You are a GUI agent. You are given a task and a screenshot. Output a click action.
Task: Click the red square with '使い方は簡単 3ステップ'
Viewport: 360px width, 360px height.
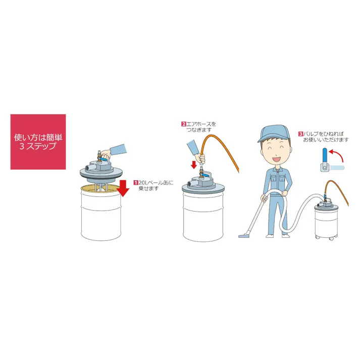(x=38, y=142)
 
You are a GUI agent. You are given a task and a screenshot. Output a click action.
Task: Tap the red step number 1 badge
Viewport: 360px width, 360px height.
(x=136, y=183)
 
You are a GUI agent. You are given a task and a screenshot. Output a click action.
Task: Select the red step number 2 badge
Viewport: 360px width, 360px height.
(x=183, y=124)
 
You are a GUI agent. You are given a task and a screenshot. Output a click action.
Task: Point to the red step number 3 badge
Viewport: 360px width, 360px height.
(x=300, y=134)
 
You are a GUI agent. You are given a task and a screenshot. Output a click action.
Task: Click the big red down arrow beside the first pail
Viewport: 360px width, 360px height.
(x=123, y=188)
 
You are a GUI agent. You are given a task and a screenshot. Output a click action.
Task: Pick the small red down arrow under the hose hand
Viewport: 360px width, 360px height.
(x=194, y=165)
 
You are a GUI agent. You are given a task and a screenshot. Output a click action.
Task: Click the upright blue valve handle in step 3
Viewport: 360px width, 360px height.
(x=325, y=156)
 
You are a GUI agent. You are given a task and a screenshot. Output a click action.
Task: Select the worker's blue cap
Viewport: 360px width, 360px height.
(x=274, y=133)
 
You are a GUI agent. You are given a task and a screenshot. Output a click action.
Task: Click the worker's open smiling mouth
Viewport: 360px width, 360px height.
(x=276, y=159)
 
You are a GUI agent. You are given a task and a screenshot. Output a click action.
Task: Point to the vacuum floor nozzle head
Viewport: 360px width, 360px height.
(x=244, y=235)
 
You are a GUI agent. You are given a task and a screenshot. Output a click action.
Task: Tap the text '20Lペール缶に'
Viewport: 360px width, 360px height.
(x=156, y=183)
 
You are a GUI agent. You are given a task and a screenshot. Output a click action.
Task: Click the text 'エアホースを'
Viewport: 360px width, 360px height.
(x=201, y=124)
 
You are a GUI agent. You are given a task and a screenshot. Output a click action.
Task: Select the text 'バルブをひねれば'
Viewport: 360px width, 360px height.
(x=323, y=134)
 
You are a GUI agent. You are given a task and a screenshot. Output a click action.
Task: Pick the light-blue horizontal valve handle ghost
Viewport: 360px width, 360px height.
(x=337, y=168)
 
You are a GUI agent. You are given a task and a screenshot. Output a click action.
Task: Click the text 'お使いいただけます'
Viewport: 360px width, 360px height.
(x=326, y=140)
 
